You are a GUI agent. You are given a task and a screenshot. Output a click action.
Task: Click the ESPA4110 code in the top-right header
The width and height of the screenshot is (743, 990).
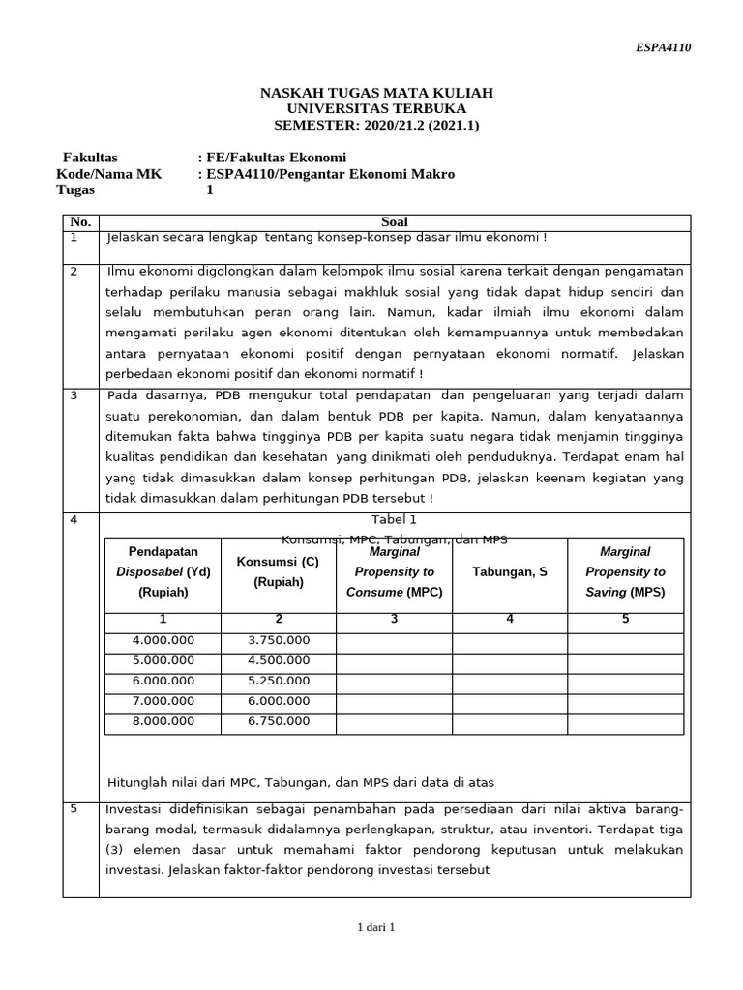tap(663, 47)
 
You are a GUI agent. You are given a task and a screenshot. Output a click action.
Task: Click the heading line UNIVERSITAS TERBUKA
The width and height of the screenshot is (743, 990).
tap(376, 108)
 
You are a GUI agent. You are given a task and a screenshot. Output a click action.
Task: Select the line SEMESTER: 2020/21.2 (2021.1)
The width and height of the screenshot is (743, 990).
tap(376, 125)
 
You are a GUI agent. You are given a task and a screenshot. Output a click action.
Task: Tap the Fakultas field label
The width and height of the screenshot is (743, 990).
tap(90, 158)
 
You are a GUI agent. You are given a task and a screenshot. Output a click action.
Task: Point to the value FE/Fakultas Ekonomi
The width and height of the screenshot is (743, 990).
tap(276, 158)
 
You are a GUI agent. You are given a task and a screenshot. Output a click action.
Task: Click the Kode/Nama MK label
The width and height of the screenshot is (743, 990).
tap(109, 174)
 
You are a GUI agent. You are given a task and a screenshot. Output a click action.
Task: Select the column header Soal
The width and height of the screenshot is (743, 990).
tap(395, 222)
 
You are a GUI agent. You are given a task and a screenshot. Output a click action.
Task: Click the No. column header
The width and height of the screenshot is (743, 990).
tap(80, 222)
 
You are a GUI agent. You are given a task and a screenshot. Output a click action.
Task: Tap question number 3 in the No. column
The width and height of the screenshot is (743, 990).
tap(74, 395)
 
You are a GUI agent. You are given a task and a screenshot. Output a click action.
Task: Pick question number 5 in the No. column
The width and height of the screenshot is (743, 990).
tap(74, 809)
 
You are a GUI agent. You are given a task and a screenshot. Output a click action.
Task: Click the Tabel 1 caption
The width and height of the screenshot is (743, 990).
tap(394, 519)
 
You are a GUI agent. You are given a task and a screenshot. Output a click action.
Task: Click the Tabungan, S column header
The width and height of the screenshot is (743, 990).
tap(509, 572)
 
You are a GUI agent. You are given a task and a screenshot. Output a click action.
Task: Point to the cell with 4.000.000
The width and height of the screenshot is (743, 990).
tap(163, 640)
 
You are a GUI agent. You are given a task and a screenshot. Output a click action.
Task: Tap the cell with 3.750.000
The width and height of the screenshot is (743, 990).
tap(279, 640)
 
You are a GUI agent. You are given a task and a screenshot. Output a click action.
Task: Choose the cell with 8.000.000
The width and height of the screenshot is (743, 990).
tap(163, 721)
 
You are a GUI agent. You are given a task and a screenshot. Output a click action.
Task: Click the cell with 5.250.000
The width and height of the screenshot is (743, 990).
tap(279, 681)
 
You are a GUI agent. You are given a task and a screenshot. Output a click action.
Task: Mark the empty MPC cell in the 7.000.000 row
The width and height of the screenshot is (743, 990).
tap(394, 701)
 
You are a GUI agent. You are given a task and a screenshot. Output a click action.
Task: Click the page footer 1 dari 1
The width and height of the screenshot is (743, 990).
tap(376, 927)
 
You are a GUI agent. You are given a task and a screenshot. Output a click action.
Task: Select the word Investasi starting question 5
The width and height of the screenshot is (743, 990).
tap(134, 809)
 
